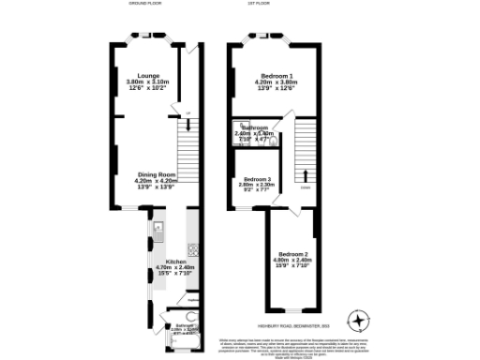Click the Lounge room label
click(148, 75)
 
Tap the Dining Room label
click(157, 174)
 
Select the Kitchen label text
click(176, 261)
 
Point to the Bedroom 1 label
click(277, 75)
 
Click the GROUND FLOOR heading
click(145, 5)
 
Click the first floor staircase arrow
click(305, 174)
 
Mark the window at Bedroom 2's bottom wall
click(292, 310)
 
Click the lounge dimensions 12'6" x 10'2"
click(148, 89)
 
